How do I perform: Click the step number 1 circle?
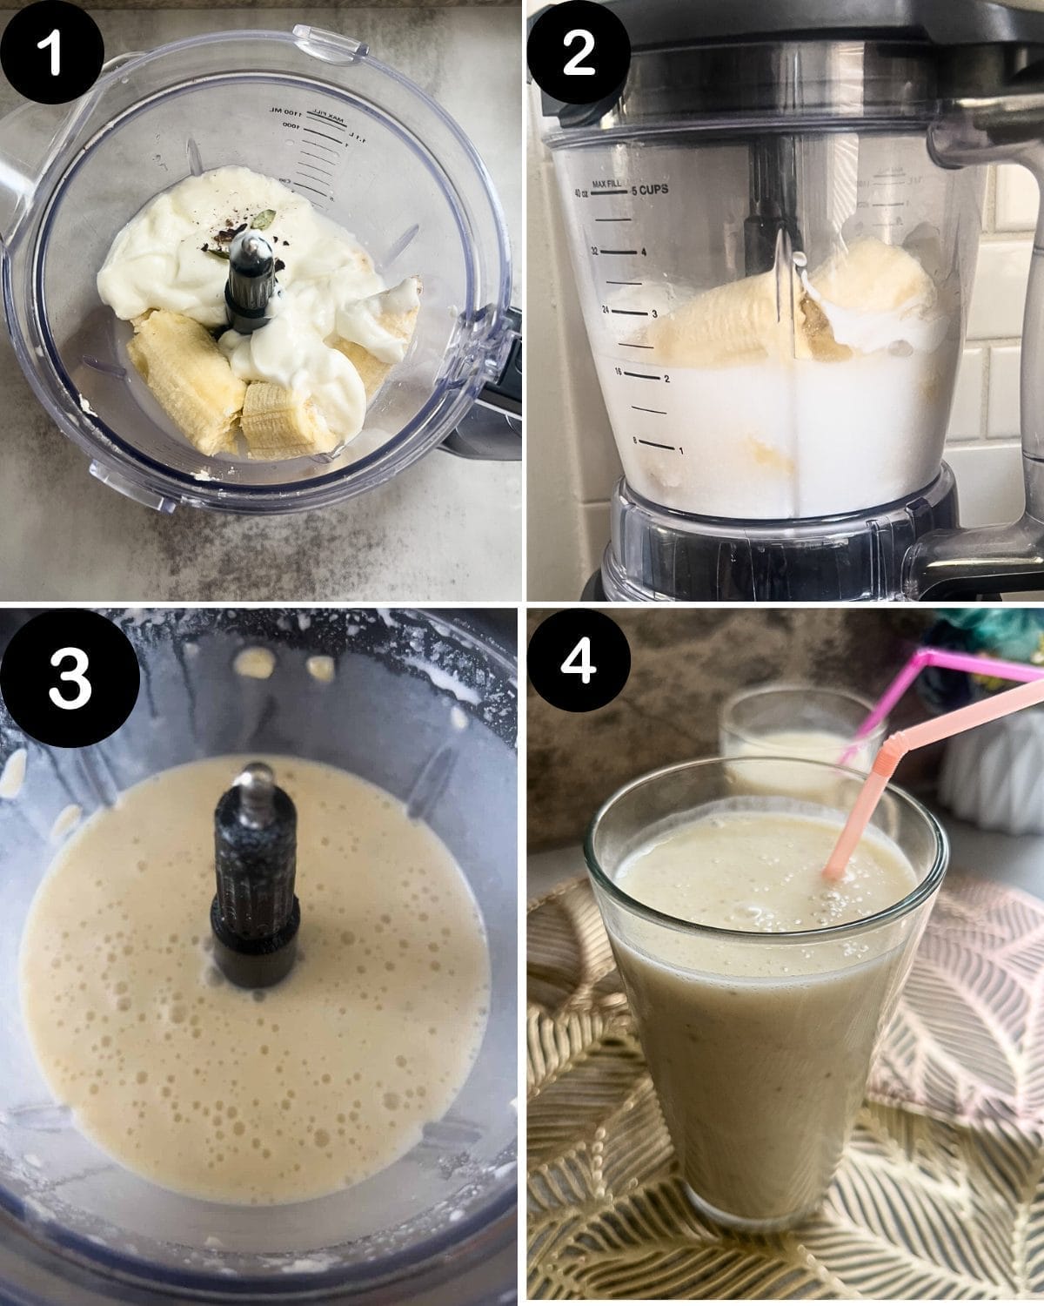coord(51,51)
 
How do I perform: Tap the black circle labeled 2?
coord(579,51)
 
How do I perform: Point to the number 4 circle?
coord(579,662)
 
